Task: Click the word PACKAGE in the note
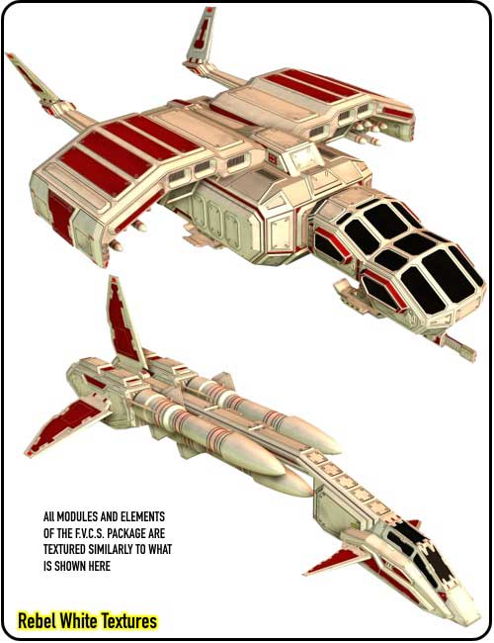(119, 533)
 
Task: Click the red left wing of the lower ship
(65, 426)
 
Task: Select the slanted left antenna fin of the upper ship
(32, 78)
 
